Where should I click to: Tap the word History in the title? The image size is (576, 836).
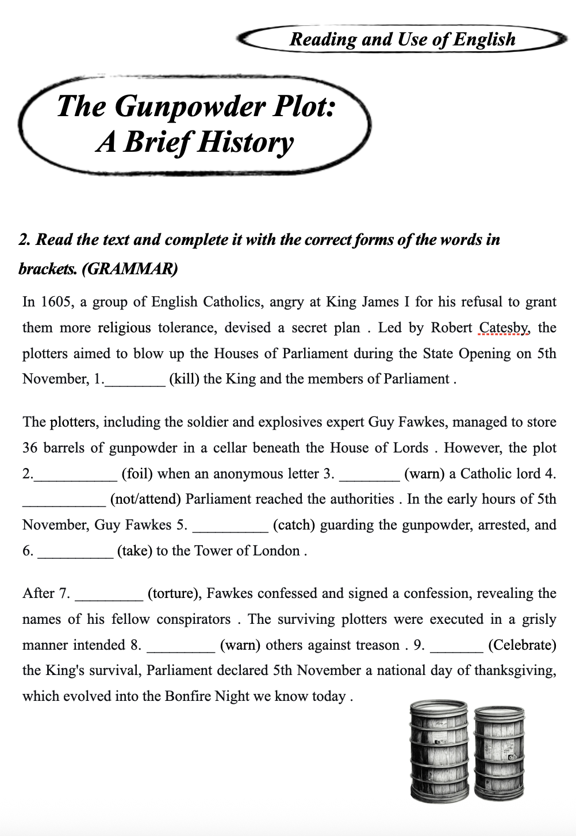point(245,143)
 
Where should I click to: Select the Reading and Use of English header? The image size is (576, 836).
point(402,39)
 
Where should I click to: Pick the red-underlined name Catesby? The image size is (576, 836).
point(504,328)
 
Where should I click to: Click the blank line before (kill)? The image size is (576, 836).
point(135,379)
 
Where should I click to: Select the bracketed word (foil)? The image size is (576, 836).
point(137,474)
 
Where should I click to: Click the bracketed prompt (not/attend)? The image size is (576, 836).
point(145,499)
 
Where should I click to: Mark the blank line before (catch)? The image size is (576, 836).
point(230,525)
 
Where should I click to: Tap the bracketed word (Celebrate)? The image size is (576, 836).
point(522,645)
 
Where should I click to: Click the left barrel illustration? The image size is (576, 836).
point(439,750)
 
